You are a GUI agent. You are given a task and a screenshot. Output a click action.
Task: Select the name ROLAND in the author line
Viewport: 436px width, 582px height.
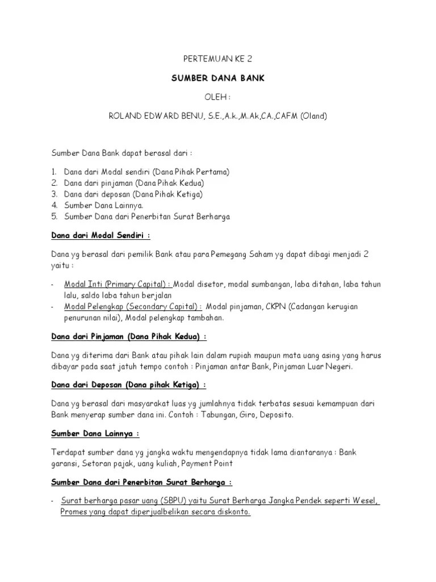click(x=124, y=116)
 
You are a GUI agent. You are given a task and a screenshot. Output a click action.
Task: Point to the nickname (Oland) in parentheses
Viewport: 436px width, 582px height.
click(x=313, y=116)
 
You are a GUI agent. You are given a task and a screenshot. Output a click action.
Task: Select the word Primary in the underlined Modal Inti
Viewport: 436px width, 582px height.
click(x=122, y=284)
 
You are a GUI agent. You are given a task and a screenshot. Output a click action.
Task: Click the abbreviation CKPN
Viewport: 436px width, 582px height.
click(x=275, y=307)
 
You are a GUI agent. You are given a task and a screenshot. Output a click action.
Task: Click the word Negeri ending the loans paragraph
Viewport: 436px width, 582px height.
click(x=337, y=367)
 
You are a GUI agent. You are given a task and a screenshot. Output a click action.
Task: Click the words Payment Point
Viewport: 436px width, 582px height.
click(x=212, y=464)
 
